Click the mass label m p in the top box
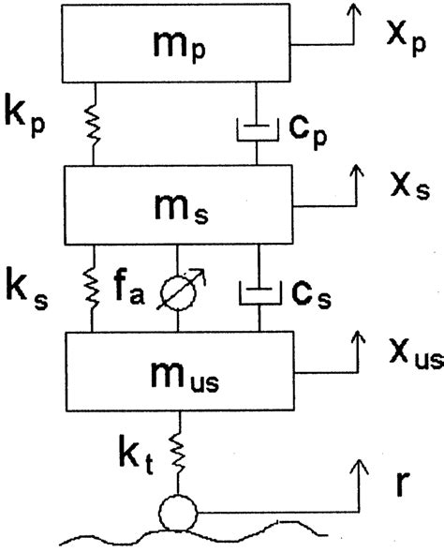180,47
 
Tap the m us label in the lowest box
185,377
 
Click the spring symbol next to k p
94,125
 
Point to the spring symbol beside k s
93,289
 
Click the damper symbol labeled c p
258,129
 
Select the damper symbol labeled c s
259,293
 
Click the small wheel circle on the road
178,513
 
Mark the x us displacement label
416,355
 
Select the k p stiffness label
25,119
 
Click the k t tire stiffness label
136,455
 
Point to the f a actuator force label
128,287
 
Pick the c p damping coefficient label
308,131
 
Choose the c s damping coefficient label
311,295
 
